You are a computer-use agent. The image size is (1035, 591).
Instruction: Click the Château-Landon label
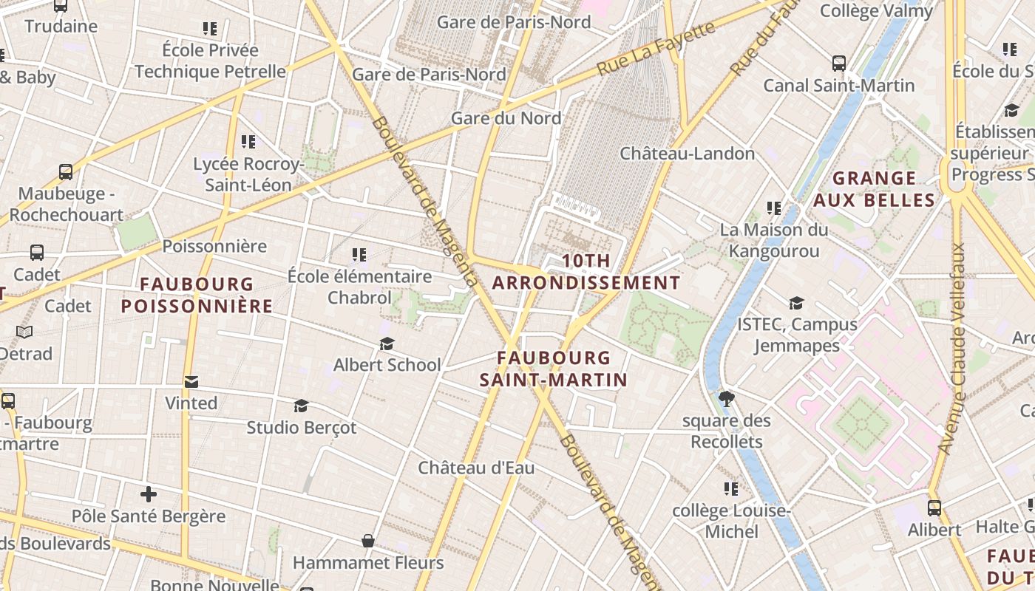click(x=687, y=154)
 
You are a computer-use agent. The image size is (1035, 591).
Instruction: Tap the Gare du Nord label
click(x=506, y=118)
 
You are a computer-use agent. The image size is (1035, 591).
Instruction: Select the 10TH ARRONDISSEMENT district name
click(x=586, y=272)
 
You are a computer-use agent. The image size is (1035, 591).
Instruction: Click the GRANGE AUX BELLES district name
click(x=875, y=189)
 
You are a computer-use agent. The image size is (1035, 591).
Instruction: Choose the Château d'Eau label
click(x=476, y=468)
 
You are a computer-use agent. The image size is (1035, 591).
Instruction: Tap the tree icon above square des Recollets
click(x=726, y=399)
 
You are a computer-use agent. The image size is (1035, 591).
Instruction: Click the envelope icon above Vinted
click(x=191, y=381)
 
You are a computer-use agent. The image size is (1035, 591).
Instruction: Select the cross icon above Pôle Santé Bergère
click(x=149, y=493)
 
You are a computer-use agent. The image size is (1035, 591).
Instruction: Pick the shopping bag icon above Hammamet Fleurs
click(x=368, y=542)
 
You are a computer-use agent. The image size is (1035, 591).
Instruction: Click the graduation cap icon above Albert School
click(x=387, y=344)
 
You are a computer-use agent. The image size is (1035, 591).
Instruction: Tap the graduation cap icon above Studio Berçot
click(x=301, y=406)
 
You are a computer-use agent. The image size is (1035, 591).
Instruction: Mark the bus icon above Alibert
click(x=934, y=508)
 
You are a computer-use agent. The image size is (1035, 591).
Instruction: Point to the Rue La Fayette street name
click(x=656, y=48)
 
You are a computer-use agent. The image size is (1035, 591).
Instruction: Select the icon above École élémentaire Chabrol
click(x=359, y=255)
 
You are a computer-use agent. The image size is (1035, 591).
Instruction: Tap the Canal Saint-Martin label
click(x=838, y=85)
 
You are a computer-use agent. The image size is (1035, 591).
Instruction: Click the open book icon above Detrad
click(x=24, y=332)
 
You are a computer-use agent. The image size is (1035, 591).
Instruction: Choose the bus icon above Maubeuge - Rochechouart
click(x=66, y=172)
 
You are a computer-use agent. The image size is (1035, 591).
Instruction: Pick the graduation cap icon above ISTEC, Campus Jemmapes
click(x=796, y=303)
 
